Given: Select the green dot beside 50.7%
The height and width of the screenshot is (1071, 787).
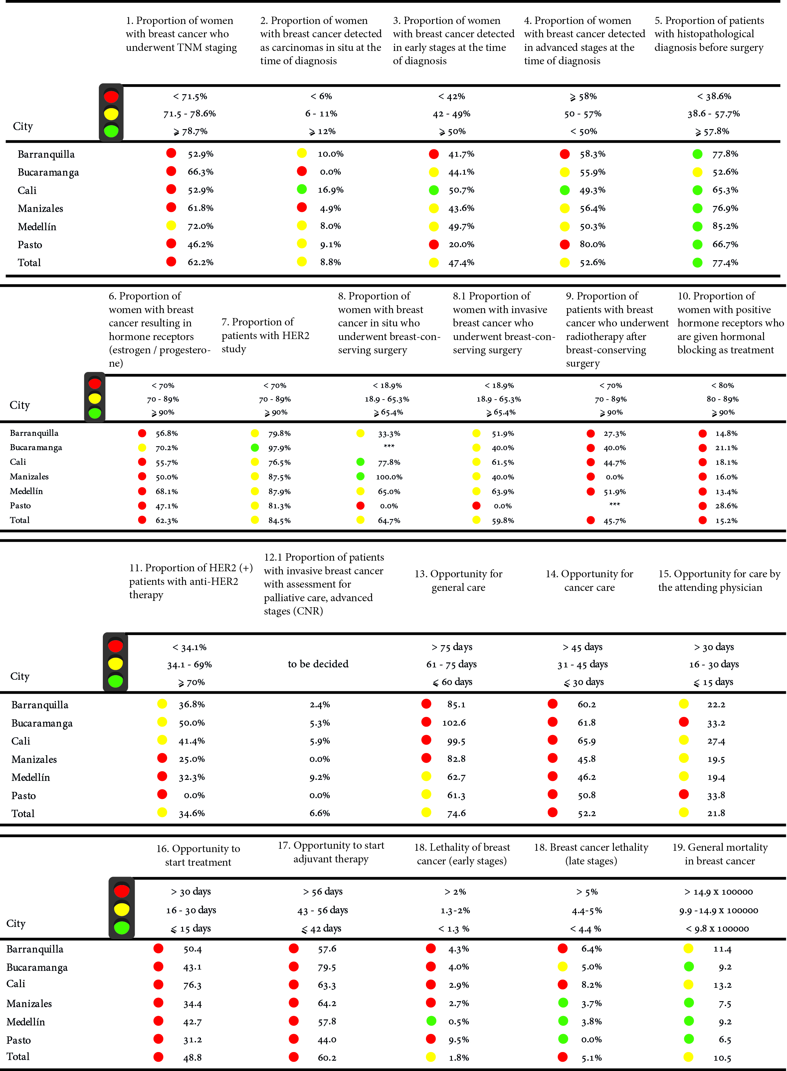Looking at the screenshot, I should click(x=434, y=190).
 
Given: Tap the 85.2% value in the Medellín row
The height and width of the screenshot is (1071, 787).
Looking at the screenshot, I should click(x=725, y=226).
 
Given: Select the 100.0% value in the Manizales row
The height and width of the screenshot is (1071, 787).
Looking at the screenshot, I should click(x=389, y=477).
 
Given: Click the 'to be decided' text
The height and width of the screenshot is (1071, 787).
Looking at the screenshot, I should click(x=318, y=664).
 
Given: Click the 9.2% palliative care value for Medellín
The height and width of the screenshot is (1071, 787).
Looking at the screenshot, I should click(x=320, y=777).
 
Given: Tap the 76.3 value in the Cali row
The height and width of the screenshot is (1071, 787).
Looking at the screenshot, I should click(x=192, y=985).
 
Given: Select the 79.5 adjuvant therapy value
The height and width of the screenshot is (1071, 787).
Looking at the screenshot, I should click(x=327, y=967).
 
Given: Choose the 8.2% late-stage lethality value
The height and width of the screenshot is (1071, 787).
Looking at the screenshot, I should click(x=591, y=985).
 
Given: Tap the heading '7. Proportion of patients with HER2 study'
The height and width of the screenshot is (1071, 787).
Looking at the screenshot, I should click(x=265, y=335).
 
